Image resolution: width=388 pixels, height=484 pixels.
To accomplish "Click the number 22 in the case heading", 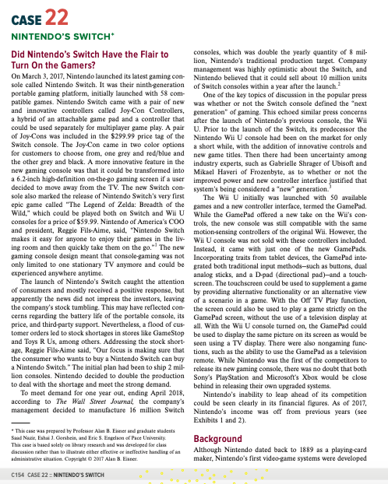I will coord(55,18).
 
